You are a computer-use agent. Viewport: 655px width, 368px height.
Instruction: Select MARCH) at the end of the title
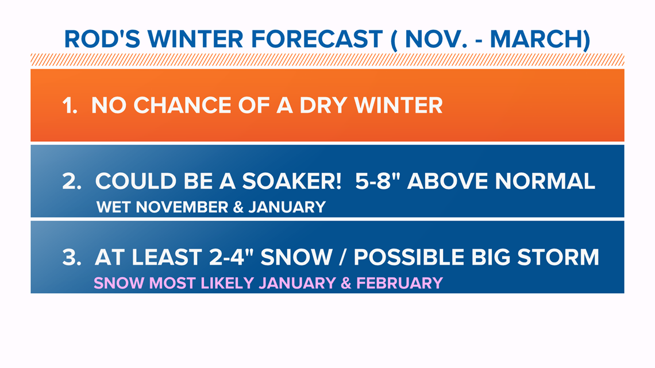pos(540,40)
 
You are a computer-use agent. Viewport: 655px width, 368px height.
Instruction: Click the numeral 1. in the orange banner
pos(70,105)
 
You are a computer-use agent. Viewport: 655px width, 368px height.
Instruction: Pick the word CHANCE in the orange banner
pos(183,105)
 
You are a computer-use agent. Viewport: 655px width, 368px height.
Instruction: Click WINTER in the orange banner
pos(398,105)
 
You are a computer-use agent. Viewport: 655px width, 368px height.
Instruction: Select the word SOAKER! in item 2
pos(292,181)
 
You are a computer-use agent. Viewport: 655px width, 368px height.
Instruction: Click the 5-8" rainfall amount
pos(377,181)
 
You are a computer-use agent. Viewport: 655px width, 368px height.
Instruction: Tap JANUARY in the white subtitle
pos(287,207)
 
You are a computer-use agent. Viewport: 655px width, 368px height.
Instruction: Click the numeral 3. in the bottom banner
pos(71,257)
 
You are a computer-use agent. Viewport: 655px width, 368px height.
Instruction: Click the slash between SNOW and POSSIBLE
pos(343,257)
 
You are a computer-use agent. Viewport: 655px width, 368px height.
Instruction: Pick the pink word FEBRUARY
pos(399,283)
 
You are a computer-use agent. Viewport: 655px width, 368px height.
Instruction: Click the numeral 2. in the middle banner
pos(72,181)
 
